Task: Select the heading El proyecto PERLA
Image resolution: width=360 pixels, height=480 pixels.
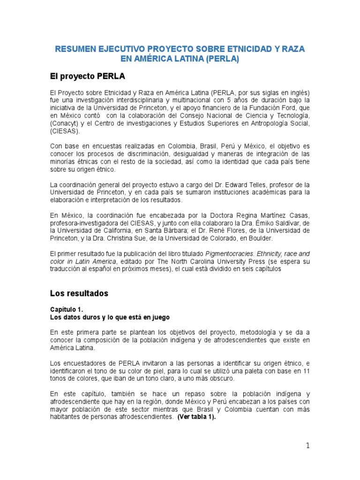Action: tap(88, 76)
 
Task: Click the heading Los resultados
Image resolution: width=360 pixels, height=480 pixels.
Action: tap(79, 293)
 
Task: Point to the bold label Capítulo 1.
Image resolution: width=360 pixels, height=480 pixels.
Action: tap(67, 310)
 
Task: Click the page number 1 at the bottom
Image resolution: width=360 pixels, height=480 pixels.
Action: tap(307, 446)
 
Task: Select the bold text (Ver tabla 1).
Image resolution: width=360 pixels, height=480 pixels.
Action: tap(196, 417)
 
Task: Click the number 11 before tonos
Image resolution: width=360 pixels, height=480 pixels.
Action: tap(306, 371)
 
